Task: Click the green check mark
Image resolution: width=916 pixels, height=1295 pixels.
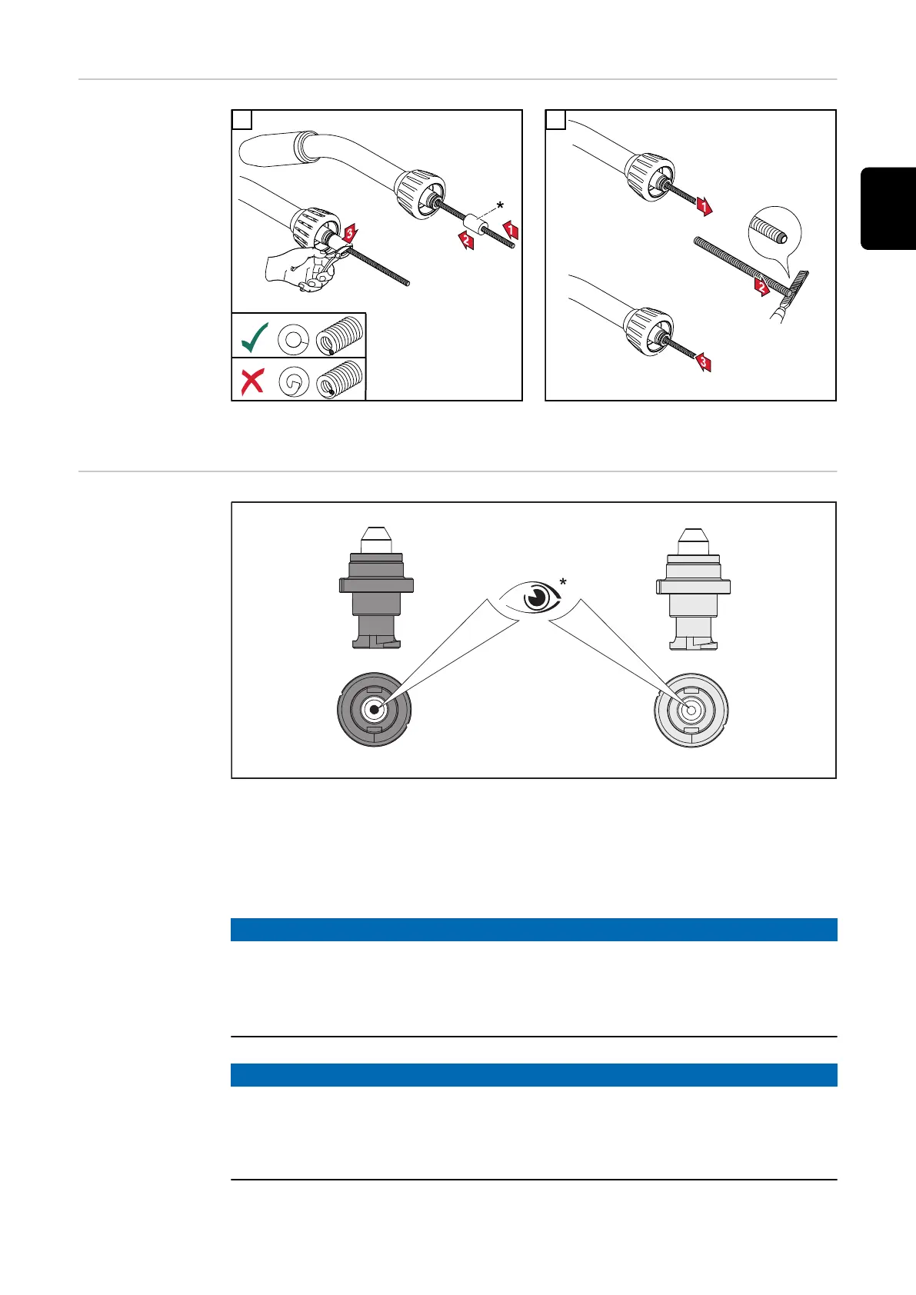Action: [255, 337]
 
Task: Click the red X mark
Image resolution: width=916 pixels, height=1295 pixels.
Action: [252, 381]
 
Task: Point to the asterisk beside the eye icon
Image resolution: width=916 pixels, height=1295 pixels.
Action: [565, 583]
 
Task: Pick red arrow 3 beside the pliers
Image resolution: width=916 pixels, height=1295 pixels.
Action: [350, 231]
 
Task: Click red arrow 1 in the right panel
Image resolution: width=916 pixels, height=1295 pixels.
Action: [702, 205]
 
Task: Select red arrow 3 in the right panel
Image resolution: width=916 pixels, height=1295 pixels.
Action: [702, 361]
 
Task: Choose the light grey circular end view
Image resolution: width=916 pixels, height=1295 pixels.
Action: [691, 709]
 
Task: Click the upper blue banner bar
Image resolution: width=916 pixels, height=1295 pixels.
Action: [534, 929]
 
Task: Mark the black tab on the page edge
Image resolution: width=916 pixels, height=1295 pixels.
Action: [888, 208]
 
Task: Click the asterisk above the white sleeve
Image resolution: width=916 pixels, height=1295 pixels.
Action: [501, 206]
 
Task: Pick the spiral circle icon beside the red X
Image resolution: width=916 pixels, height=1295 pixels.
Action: [295, 381]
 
